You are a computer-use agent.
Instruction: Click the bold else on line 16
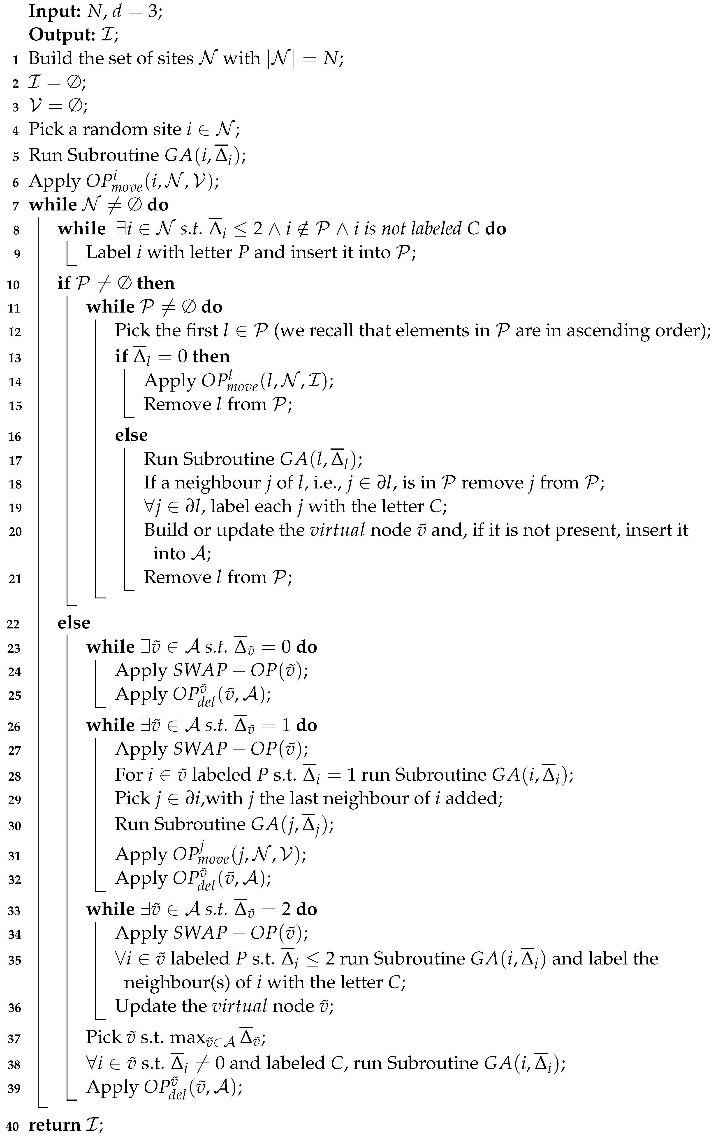coord(131,435)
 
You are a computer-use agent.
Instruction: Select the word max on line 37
coord(185,1037)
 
